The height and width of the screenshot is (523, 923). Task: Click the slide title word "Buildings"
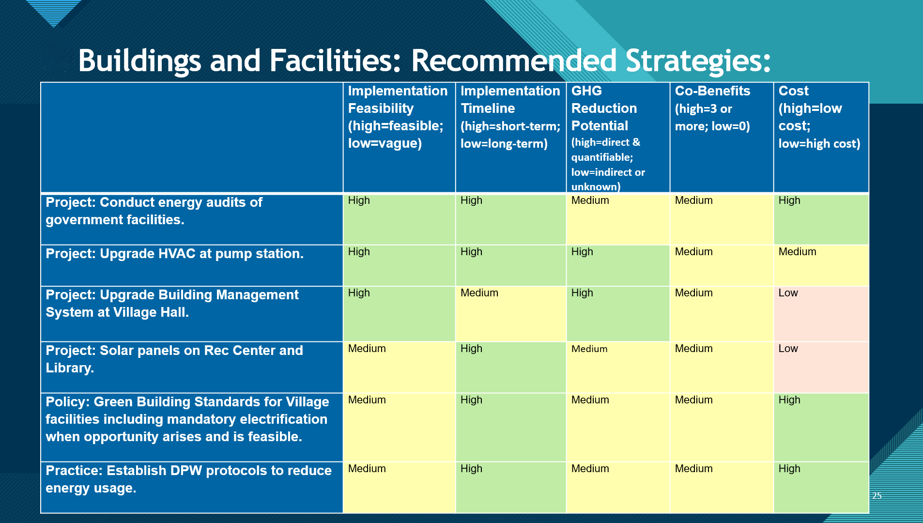(x=139, y=62)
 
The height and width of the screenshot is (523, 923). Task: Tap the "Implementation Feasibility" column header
(x=398, y=117)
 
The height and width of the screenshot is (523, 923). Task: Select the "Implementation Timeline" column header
(x=510, y=117)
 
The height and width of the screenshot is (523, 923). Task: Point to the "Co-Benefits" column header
(x=712, y=108)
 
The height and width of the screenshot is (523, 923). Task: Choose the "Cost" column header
(x=819, y=117)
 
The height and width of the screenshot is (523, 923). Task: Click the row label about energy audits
(x=154, y=211)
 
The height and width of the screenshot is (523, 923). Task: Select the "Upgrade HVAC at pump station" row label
(x=174, y=254)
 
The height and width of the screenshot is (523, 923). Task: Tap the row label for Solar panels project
(x=174, y=359)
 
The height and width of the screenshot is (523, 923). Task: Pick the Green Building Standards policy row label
(x=187, y=419)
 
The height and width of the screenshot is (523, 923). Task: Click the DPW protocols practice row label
(x=188, y=479)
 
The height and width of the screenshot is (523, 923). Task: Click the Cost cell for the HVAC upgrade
(x=821, y=265)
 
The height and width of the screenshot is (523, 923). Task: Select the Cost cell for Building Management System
(x=821, y=314)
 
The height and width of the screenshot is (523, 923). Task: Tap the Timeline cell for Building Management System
(x=511, y=314)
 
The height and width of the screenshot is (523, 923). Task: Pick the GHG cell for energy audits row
(x=618, y=219)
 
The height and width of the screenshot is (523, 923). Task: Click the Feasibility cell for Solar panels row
(x=399, y=367)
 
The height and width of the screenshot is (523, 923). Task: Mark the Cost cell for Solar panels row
(x=821, y=367)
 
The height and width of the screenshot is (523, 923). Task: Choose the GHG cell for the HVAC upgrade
(x=618, y=265)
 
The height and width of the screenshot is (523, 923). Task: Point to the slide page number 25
(x=877, y=495)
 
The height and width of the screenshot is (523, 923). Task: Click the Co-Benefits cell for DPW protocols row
(x=722, y=487)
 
